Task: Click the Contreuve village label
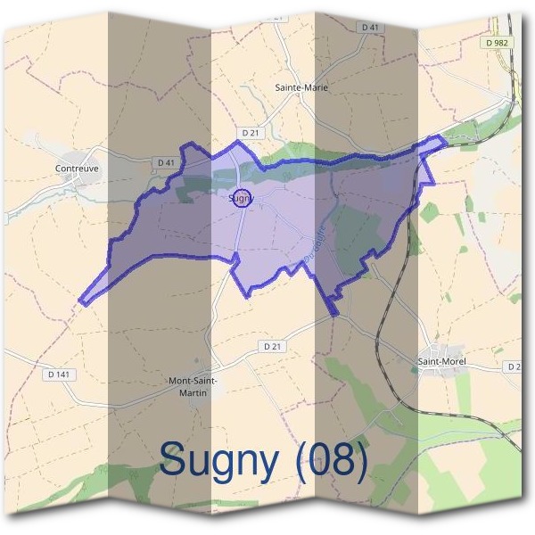pos(75,167)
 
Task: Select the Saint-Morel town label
pos(442,361)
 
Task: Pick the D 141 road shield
pos(56,374)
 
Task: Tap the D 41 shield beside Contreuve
pos(165,162)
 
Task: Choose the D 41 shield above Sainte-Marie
pos(371,28)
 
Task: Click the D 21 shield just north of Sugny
pos(251,133)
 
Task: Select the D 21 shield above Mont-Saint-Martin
pos(273,345)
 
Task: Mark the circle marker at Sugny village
pos(243,199)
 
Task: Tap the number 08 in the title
pos(333,460)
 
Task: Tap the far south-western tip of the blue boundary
pos(81,302)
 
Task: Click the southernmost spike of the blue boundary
pos(333,314)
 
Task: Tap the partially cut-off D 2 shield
pos(514,366)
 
